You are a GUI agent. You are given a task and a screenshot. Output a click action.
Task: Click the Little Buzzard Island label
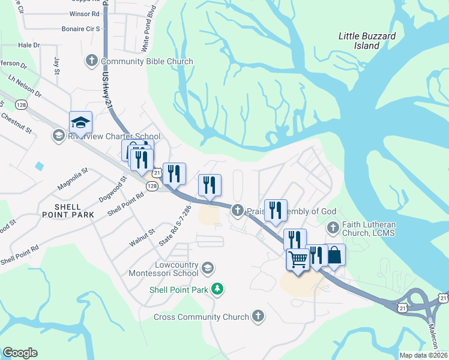(367, 41)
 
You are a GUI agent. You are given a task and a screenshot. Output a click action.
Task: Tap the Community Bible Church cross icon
(92, 61)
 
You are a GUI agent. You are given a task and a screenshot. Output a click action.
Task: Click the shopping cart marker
(298, 259)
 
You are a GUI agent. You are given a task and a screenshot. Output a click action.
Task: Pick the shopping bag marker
(334, 255)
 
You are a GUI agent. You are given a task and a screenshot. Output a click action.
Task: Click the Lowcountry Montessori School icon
(207, 267)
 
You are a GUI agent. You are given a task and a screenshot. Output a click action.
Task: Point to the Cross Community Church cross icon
(258, 316)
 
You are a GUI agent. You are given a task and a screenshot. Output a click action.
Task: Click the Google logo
(20, 353)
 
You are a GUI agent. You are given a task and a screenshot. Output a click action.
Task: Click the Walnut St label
(143, 236)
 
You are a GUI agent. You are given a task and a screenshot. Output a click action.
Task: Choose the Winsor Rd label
(84, 13)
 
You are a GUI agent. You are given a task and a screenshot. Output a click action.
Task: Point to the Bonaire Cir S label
(80, 29)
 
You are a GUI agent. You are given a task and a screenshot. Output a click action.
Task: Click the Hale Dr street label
(29, 45)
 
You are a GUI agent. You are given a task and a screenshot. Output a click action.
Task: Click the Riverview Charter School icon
(58, 135)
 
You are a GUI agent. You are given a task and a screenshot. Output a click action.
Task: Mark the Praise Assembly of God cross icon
(238, 210)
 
